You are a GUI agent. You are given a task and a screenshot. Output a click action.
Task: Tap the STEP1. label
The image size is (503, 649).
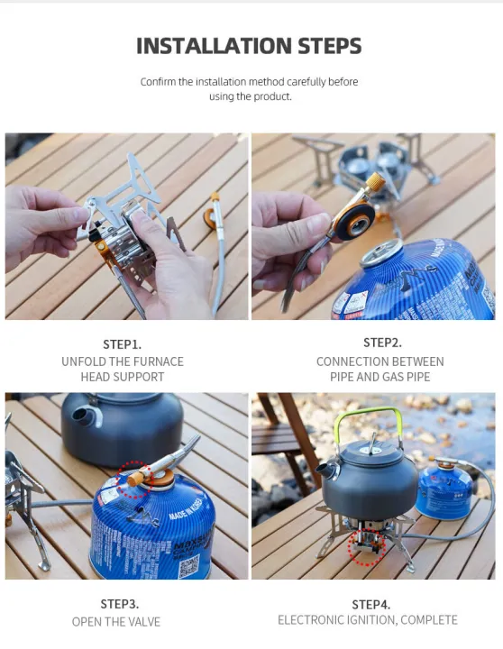pyautogui.click(x=123, y=344)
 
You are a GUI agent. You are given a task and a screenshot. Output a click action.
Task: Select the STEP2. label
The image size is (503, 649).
pyautogui.click(x=382, y=343)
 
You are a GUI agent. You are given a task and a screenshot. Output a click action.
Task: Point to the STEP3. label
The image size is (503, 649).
pyautogui.click(x=119, y=604)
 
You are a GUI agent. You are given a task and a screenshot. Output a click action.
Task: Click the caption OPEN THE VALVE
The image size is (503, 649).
pyautogui.click(x=118, y=622)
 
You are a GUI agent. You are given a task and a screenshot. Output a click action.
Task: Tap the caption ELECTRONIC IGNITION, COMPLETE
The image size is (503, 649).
pyautogui.click(x=368, y=620)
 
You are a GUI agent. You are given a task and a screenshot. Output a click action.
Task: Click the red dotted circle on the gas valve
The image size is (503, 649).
pyautogui.click(x=134, y=479)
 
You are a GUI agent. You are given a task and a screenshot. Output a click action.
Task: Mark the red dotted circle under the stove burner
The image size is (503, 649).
pyautogui.click(x=367, y=548)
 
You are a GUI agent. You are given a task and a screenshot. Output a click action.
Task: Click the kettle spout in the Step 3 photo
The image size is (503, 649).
pyautogui.click(x=82, y=417)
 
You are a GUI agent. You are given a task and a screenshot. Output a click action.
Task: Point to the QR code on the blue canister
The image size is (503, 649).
pyautogui.click(x=187, y=566)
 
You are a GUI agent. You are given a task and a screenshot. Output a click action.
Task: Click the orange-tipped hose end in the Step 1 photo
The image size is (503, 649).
pyautogui.click(x=215, y=197)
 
